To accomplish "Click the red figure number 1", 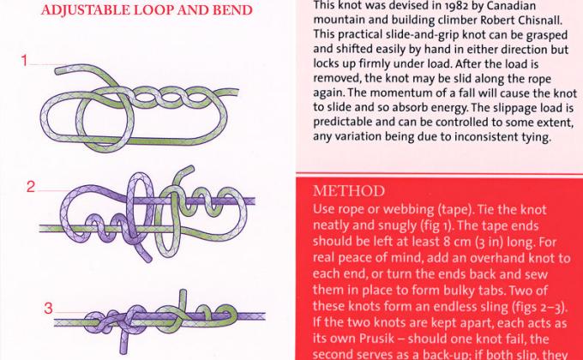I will tap(27, 61).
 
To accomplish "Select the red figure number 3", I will tap(49, 308).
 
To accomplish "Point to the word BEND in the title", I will tap(230, 11).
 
